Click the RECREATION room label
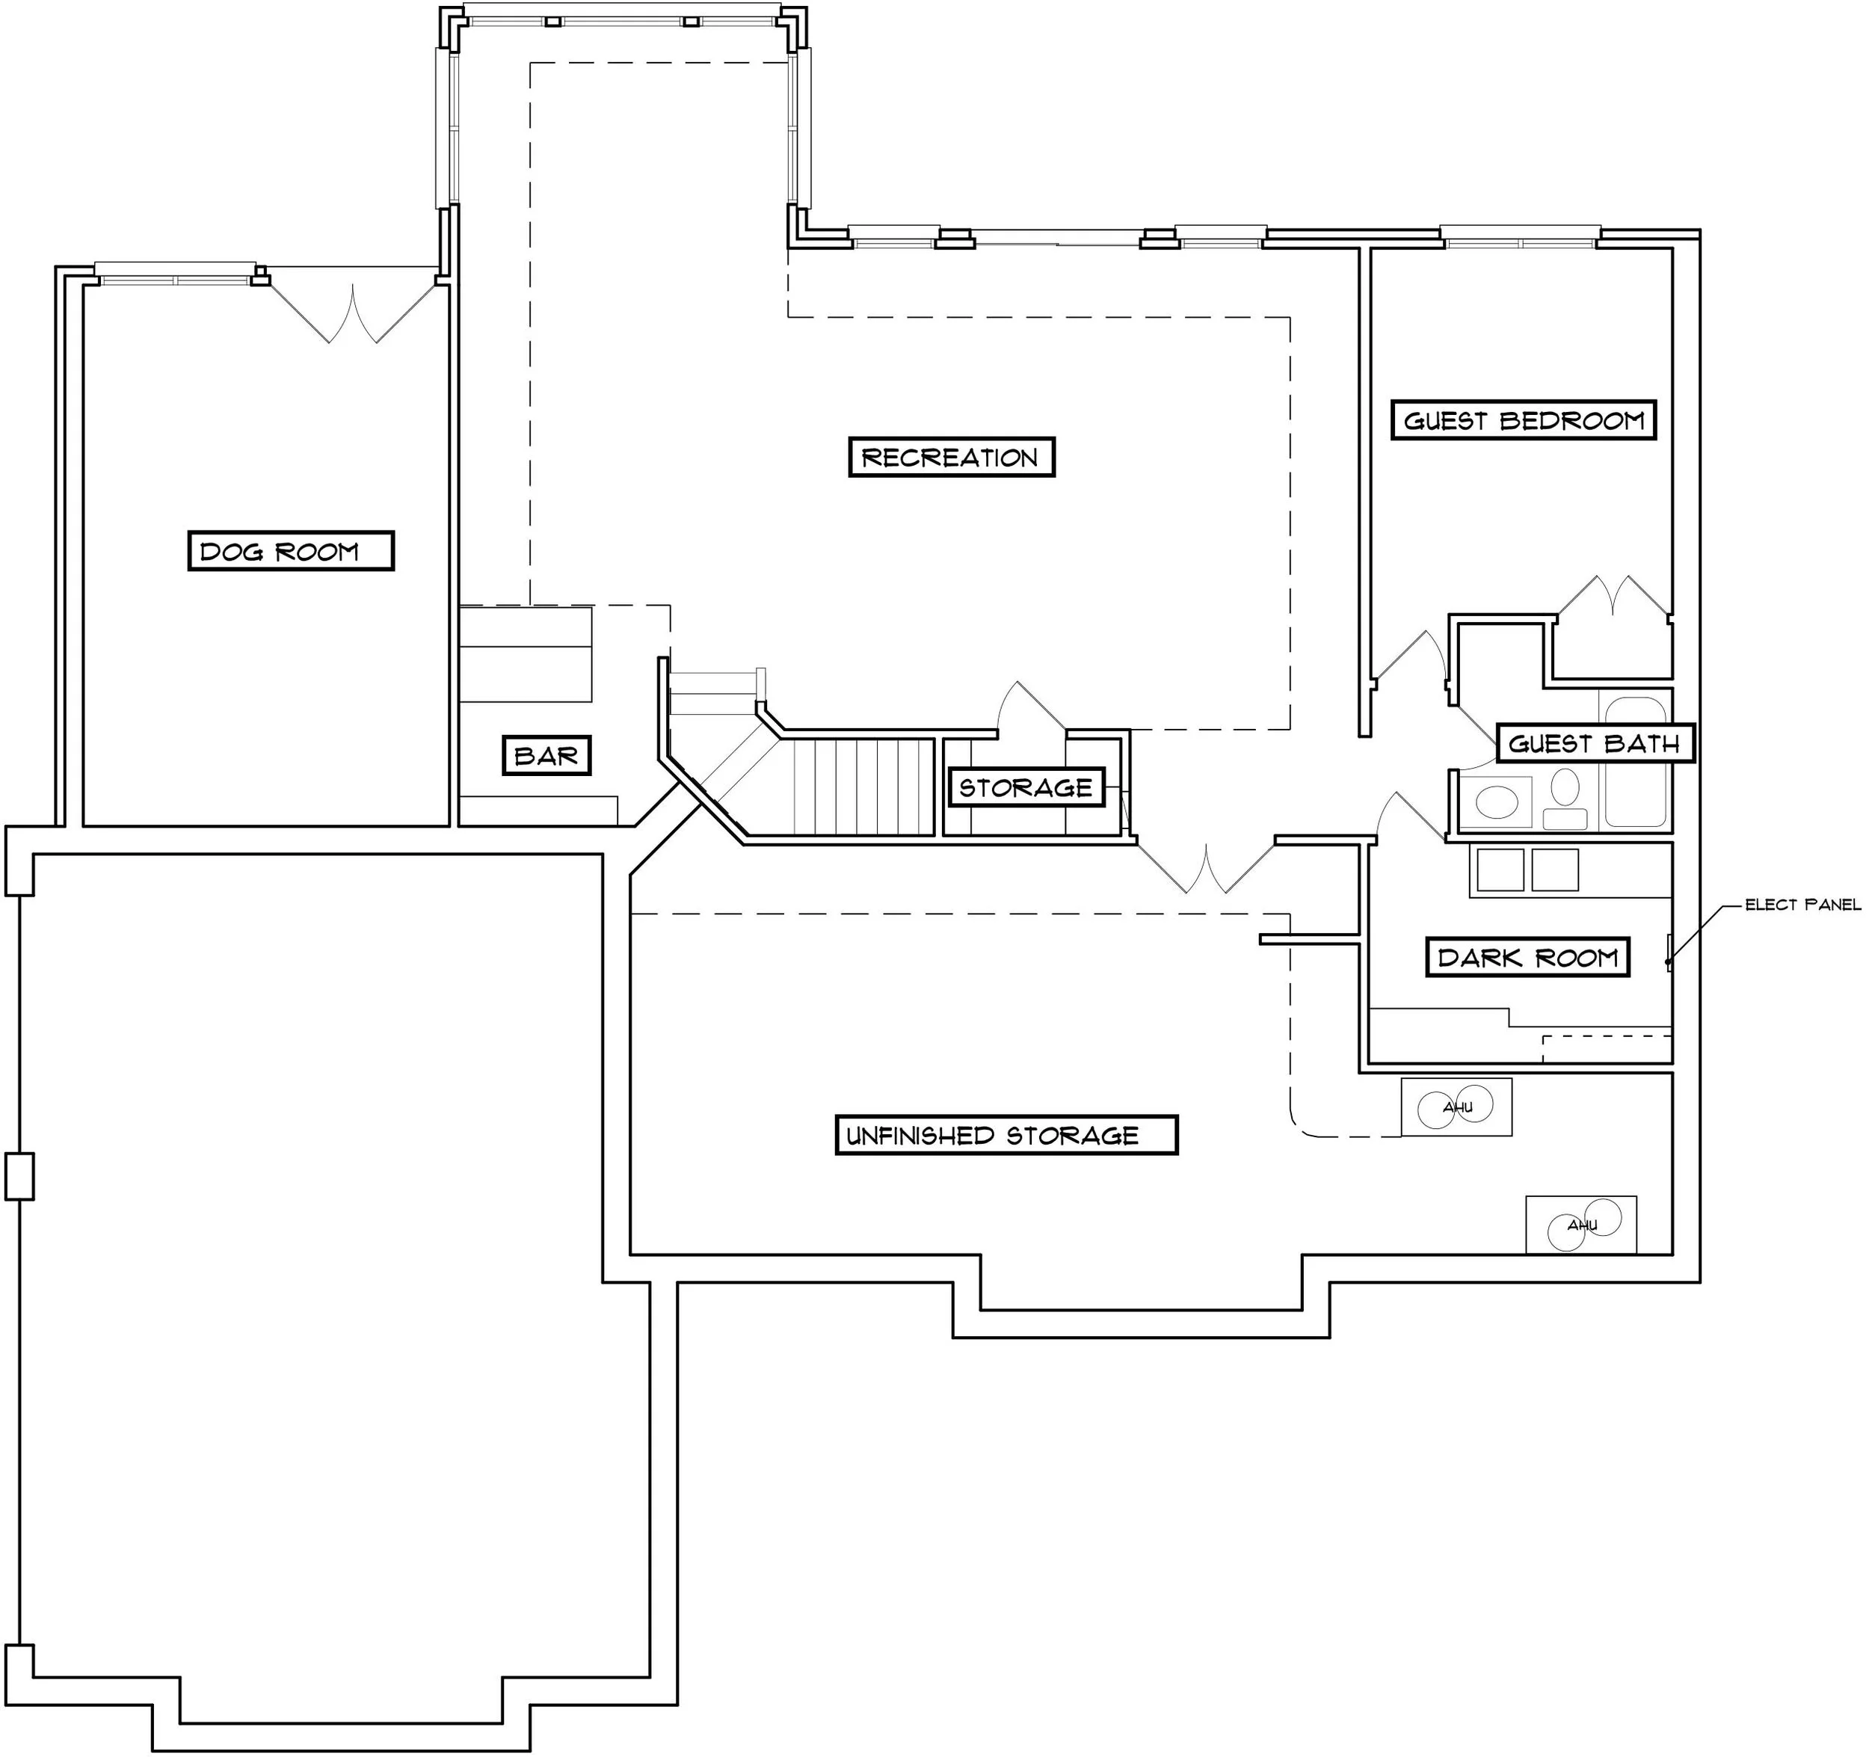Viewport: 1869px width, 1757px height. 950,458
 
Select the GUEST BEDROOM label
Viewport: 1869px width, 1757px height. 1522,420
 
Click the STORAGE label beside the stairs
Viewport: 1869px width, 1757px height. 1026,788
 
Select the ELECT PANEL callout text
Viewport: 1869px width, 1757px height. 1802,905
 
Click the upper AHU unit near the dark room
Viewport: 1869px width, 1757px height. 1456,1107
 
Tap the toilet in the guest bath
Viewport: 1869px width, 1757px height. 1565,796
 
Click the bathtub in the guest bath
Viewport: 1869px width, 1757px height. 1635,775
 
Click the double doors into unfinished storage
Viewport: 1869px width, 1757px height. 1205,870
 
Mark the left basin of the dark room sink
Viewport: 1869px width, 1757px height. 1500,870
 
